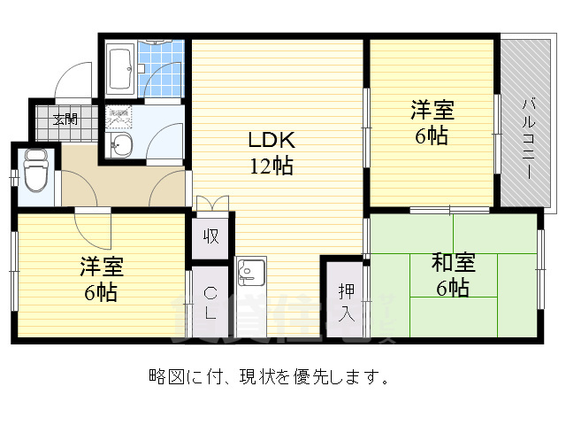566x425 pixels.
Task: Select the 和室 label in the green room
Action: coord(453,263)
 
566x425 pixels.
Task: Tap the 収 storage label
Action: coord(211,236)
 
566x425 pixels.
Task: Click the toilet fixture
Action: coord(36,170)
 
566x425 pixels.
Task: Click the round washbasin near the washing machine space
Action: coord(120,145)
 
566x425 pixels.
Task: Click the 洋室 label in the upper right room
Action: coord(432,111)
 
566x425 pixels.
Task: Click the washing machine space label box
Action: coord(119,115)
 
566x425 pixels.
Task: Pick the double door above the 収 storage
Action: coord(210,204)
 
